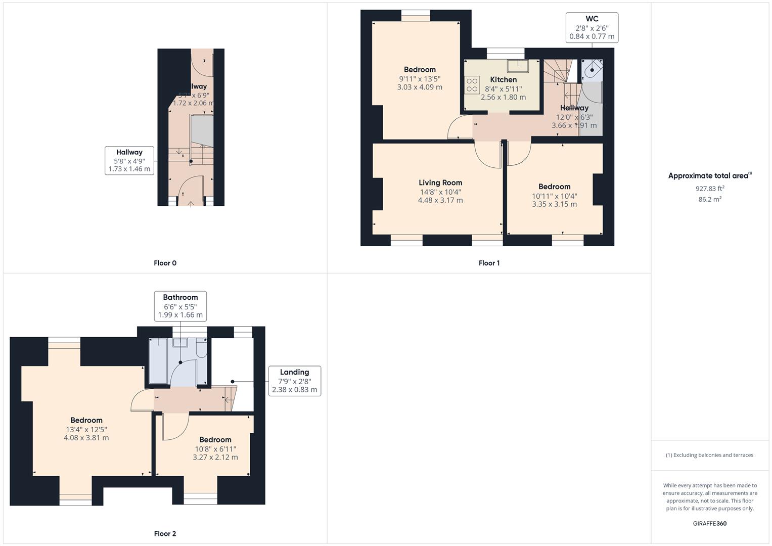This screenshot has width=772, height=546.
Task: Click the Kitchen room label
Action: tap(503, 80)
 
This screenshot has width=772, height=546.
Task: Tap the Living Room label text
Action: tap(440, 183)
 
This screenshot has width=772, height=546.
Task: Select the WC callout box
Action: tap(592, 28)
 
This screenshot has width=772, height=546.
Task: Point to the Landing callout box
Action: tap(294, 381)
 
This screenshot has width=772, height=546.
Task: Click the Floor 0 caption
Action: tap(165, 263)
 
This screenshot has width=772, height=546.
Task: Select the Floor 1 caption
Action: tap(489, 263)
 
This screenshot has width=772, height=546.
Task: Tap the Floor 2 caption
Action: tap(165, 533)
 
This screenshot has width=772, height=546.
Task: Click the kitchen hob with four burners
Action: tap(472, 85)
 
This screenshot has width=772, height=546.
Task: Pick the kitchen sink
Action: tap(518, 66)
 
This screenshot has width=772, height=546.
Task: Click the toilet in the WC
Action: tap(592, 70)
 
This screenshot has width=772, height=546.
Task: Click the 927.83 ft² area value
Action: tap(710, 189)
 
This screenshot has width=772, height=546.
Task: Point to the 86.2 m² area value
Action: tap(710, 199)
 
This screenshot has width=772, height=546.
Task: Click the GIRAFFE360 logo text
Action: tap(709, 523)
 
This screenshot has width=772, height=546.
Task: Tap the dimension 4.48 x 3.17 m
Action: tap(440, 200)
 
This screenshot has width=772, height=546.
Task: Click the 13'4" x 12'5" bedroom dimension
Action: tap(86, 429)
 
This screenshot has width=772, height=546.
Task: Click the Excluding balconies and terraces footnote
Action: tap(709, 455)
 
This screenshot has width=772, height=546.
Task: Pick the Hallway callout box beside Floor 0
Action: tap(129, 161)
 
